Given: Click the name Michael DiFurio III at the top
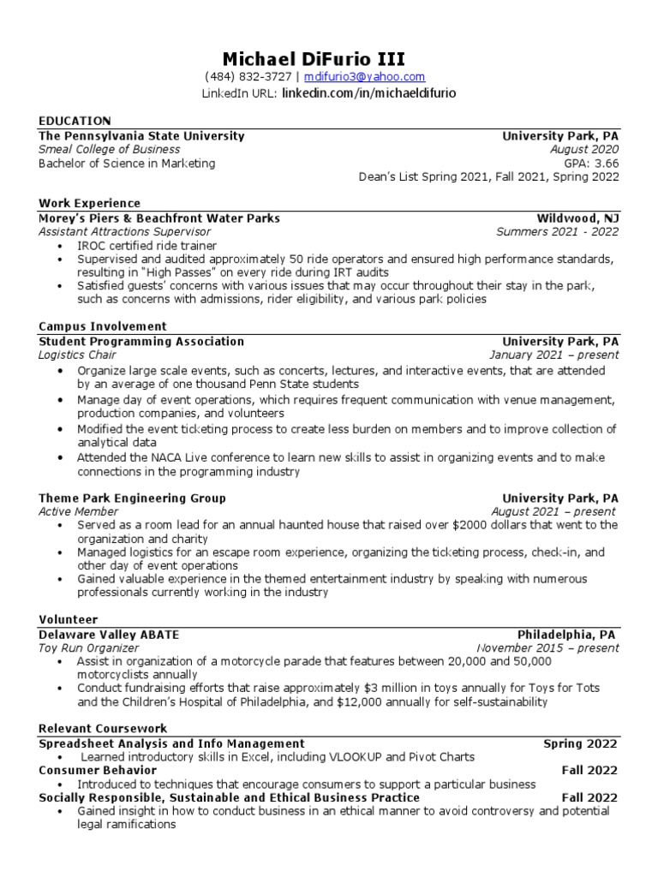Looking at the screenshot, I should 314,58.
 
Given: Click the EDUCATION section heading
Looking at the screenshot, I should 75,121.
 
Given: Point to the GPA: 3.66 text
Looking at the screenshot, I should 590,164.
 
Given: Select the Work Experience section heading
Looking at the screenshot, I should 89,203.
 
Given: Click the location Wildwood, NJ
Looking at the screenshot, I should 577,218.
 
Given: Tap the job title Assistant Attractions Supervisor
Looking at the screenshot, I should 124,231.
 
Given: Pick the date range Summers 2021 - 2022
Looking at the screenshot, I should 557,231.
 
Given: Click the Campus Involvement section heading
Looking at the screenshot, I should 103,326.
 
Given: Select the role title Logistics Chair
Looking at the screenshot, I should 77,355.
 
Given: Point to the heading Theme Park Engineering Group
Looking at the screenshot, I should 132,498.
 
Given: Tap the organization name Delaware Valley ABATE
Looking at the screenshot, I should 109,635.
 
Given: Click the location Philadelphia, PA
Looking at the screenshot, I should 566,635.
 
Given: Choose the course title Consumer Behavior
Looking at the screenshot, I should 98,770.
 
